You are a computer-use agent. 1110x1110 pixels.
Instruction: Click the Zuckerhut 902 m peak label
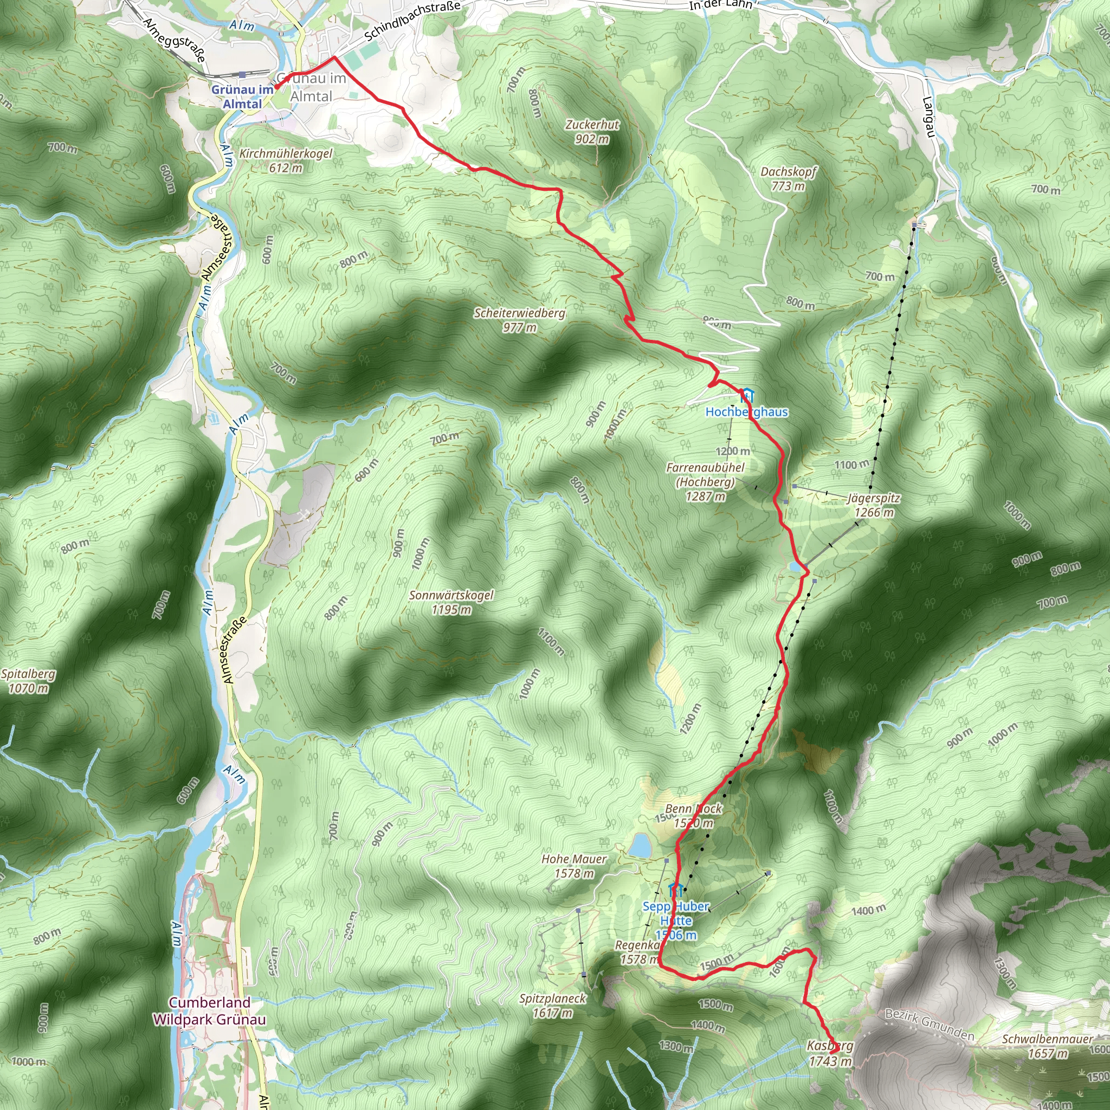click(592, 132)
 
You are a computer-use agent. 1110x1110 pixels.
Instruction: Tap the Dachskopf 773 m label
click(788, 179)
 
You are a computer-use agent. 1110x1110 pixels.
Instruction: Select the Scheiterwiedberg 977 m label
click(519, 320)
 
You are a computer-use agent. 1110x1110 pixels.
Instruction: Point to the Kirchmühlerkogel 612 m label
click(286, 161)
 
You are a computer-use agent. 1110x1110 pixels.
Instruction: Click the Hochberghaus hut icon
click(746, 395)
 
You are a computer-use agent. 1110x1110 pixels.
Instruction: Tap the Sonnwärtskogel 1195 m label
click(451, 602)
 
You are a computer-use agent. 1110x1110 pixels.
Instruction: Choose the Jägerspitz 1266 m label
click(873, 505)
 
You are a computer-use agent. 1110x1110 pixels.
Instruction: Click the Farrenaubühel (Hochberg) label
click(705, 482)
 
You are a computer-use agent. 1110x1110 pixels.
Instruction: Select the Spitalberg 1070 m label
click(28, 681)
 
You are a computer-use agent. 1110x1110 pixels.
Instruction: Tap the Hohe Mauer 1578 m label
click(574, 866)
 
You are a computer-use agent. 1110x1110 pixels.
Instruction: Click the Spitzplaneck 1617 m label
click(552, 1005)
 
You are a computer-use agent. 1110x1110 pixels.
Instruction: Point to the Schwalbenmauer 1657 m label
click(1047, 1046)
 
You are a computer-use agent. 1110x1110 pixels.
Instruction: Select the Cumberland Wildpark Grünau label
click(209, 1011)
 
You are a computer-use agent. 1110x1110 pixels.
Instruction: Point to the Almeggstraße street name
click(173, 40)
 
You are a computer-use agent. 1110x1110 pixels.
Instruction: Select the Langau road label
click(928, 117)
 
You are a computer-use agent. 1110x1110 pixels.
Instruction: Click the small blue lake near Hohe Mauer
click(640, 846)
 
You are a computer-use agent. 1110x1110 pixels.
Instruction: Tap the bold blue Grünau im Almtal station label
click(242, 96)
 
